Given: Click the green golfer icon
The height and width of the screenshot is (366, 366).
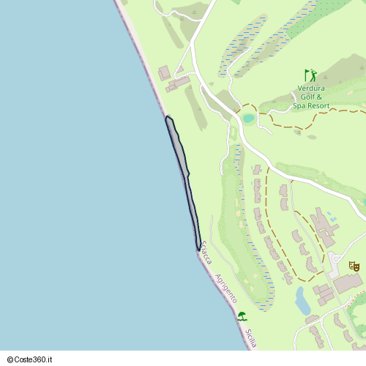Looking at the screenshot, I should point(311,75).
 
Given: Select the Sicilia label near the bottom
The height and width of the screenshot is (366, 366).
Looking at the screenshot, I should point(252,337).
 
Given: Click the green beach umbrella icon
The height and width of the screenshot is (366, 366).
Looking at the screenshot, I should point(242,316).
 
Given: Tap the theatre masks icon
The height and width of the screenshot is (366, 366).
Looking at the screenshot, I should point(354,266).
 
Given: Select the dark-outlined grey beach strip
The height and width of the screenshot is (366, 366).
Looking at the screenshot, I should point(183,176).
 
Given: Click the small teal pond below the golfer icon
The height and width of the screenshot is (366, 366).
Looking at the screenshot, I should point(249,118).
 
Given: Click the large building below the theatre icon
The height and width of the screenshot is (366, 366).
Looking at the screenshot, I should point(347,283).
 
